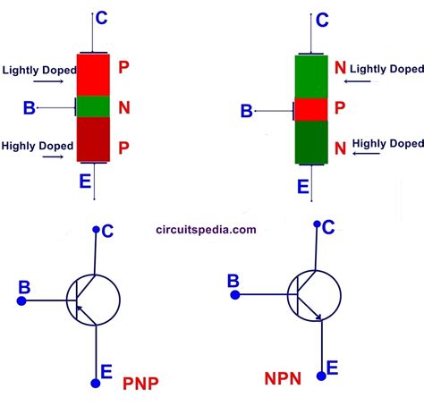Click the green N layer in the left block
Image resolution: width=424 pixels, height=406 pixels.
93,107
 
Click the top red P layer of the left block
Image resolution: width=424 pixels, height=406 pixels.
93,74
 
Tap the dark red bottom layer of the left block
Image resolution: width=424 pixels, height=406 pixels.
93,140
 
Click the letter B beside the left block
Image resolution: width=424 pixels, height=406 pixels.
30,108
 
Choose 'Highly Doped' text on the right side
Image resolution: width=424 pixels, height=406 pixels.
387,143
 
